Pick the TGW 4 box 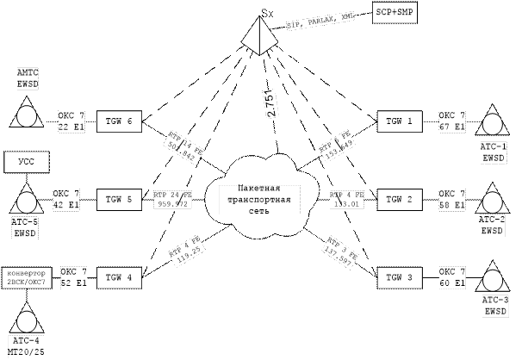[x=118, y=276]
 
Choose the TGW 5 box [x=118, y=199]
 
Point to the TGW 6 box [x=118, y=121]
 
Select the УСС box [x=26, y=161]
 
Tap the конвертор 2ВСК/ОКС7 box [x=29, y=276]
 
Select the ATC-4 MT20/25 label [x=28, y=345]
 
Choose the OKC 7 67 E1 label [x=452, y=121]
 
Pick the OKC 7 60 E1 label [x=452, y=276]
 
